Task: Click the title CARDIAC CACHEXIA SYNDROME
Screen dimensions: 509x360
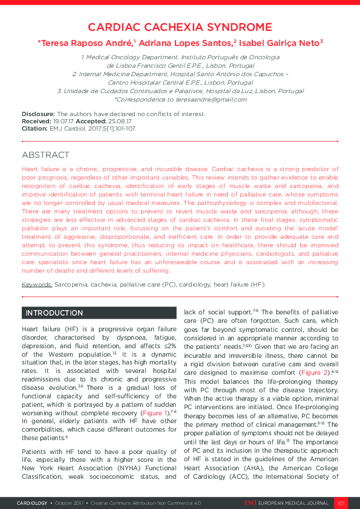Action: (180, 27)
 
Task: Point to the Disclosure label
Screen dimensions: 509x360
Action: (39, 114)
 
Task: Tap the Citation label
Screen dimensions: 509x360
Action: (34, 128)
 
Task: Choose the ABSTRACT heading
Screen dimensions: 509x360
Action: (45, 155)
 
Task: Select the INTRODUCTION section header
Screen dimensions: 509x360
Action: (54, 313)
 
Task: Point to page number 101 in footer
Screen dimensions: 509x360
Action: (341, 502)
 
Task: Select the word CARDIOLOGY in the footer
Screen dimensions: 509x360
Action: (31, 502)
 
